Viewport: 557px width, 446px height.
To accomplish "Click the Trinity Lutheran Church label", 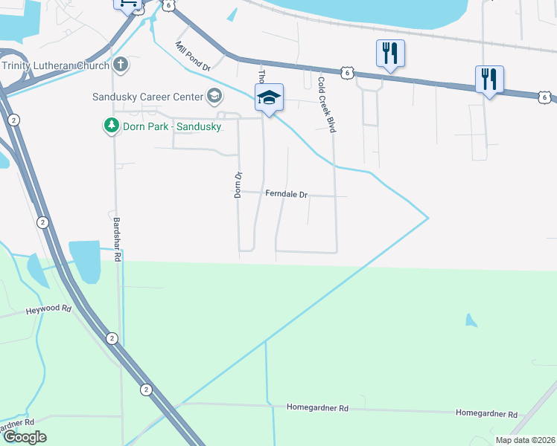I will click(56, 65).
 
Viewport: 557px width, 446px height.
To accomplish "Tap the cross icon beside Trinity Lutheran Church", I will click(121, 65).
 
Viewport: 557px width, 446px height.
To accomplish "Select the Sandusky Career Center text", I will click(147, 97).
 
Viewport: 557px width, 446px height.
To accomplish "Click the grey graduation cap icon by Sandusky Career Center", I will click(214, 96).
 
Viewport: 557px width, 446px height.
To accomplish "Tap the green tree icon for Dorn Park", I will click(111, 126).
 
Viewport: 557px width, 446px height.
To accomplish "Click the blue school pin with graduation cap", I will click(269, 97).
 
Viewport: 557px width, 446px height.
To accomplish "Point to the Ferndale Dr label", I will click(286, 194).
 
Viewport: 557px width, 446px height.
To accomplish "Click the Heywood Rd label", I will click(48, 308).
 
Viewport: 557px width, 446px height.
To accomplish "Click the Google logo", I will click(25, 437).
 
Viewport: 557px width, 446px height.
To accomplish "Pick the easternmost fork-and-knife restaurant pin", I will click(489, 79).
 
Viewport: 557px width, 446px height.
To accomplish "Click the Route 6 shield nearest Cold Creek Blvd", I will click(347, 72).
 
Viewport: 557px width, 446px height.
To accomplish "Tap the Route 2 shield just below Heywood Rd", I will click(112, 338).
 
